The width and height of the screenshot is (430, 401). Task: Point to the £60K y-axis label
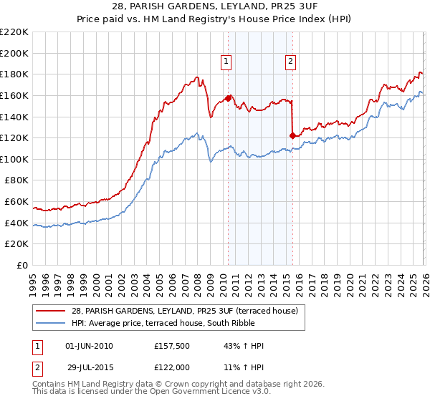(x=16, y=202)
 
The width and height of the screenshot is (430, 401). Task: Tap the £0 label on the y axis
(x=23, y=266)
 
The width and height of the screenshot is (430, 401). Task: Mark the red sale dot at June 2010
(x=229, y=98)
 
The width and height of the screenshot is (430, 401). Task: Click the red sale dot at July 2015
(x=293, y=135)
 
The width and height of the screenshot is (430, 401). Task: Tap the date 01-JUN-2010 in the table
(x=89, y=346)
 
